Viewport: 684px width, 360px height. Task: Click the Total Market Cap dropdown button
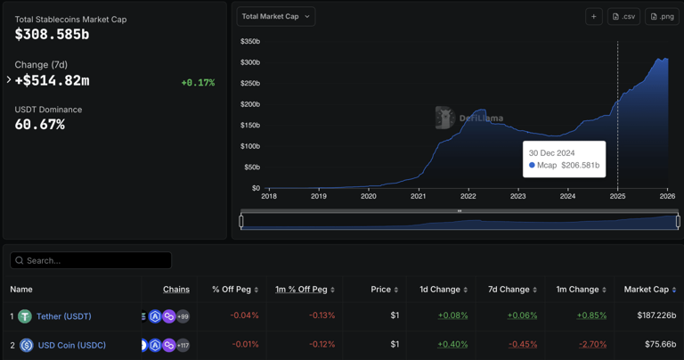[276, 16]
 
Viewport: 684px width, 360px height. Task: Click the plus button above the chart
[593, 16]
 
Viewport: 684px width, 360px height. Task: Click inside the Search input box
[91, 260]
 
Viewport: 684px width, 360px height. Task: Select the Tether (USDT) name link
[63, 316]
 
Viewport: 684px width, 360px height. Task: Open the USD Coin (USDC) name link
[71, 345]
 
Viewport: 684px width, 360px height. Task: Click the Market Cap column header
[649, 290]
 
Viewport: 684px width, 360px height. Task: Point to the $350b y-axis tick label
[249, 42]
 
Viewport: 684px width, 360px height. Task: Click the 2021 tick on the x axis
[418, 196]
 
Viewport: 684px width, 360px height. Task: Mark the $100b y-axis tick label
[249, 146]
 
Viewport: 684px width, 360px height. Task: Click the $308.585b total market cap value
[52, 35]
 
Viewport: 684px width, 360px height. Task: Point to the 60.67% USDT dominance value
[39, 125]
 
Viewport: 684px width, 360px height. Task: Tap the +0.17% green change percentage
[198, 83]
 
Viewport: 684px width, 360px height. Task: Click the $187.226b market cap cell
[655, 315]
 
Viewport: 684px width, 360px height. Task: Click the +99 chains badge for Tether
[183, 316]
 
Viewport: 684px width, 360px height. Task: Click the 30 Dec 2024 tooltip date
[551, 153]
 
